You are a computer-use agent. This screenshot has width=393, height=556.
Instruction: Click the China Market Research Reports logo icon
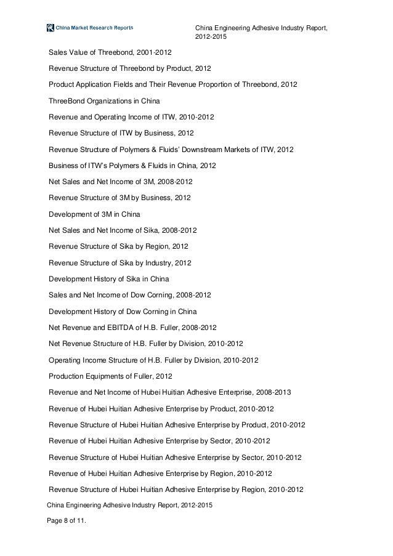[x=50, y=28]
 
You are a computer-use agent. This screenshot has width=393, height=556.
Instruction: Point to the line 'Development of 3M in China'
[x=94, y=214]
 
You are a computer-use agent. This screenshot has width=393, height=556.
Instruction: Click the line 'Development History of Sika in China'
[x=110, y=279]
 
